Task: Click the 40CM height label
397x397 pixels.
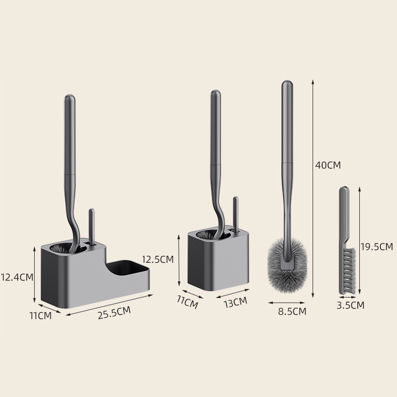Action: pos(328,165)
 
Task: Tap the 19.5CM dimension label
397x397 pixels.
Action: pos(377,247)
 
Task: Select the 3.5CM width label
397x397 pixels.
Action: pos(350,305)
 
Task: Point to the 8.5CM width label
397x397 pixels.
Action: pos(292,311)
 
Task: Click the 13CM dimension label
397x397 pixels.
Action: pos(235,303)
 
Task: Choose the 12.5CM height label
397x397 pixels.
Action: pos(158,259)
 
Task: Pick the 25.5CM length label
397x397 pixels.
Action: pos(114,313)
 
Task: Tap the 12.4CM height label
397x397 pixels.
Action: pos(17,277)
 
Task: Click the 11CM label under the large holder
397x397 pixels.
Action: pos(41,316)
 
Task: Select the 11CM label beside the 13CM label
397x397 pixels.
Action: pos(187,303)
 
